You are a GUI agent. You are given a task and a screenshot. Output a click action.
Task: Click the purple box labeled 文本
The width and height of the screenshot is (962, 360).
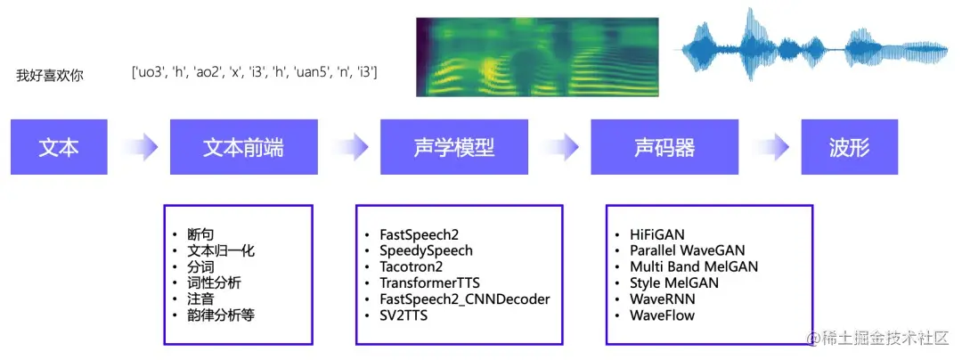59,147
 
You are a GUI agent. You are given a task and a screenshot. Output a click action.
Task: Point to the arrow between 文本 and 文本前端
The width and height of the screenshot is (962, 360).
139,147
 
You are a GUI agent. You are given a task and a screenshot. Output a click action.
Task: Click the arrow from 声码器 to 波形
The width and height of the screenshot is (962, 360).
770,147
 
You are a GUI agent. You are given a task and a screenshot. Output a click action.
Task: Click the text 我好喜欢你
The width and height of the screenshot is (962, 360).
49,76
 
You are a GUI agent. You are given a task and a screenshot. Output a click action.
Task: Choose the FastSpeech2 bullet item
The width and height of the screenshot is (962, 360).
419,235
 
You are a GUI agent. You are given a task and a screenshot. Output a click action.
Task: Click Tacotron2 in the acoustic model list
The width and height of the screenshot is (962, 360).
411,267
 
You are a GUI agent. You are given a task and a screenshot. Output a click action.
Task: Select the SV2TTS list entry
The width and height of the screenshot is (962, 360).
404,315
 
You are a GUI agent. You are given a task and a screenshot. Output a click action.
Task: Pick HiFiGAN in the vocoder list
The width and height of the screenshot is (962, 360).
656,235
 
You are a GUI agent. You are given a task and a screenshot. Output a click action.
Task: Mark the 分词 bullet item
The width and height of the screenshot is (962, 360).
200,267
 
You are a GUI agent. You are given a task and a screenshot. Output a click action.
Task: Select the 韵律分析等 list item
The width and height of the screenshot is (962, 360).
220,315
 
